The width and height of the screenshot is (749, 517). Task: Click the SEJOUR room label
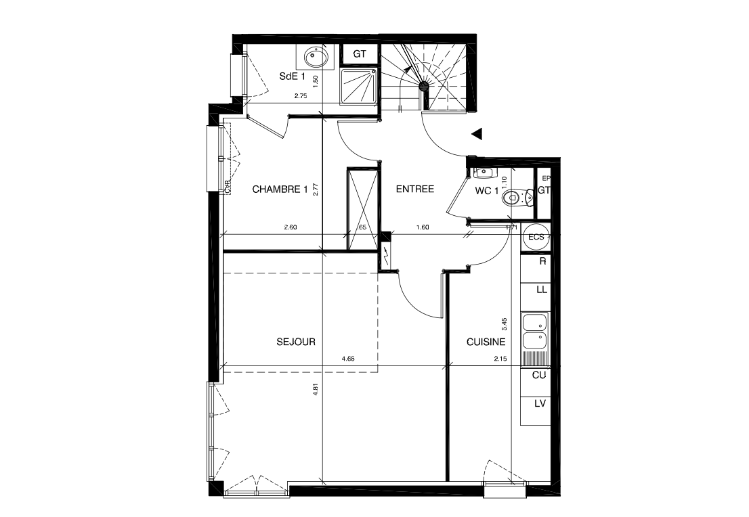pyautogui.click(x=296, y=342)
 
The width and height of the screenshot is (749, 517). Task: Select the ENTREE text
pyautogui.click(x=414, y=189)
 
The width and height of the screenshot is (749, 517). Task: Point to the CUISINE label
pyautogui.click(x=486, y=342)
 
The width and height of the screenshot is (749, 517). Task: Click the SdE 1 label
pyautogui.click(x=292, y=76)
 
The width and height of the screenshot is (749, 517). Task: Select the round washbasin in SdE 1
pyautogui.click(x=315, y=55)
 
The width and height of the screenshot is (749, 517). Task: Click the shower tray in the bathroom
pyautogui.click(x=358, y=86)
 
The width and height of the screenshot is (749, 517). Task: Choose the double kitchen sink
pyautogui.click(x=534, y=330)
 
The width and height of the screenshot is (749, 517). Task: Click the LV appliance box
pyautogui.click(x=540, y=404)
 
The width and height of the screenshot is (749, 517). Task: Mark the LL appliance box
pyautogui.click(x=541, y=290)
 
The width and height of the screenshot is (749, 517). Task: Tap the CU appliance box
pyautogui.click(x=539, y=374)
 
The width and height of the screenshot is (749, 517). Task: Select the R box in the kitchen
pyautogui.click(x=542, y=261)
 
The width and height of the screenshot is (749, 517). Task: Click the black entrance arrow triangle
pyautogui.click(x=477, y=134)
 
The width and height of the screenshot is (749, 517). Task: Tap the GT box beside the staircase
pyautogui.click(x=360, y=53)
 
